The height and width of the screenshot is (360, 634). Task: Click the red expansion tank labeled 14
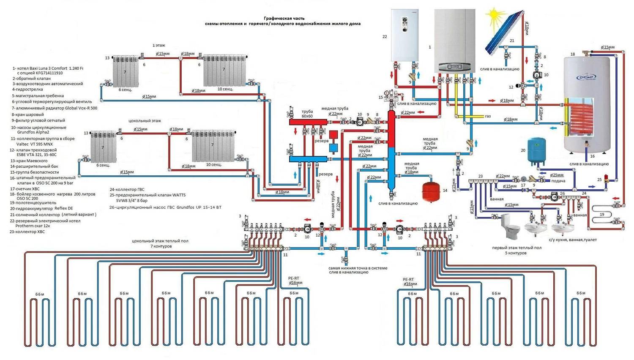tap(432, 191)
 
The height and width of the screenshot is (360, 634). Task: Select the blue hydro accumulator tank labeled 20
tap(536, 151)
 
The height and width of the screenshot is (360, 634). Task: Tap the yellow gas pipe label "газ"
tap(488, 116)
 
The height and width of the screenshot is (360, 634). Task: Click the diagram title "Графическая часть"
tap(284, 18)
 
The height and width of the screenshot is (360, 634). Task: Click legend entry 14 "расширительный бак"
tap(34, 166)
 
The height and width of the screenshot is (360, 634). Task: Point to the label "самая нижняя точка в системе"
tap(358, 268)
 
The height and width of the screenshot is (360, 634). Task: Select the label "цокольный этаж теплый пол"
tap(160, 241)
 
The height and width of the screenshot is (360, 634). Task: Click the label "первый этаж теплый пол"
tap(516, 248)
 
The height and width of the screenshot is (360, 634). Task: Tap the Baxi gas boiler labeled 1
tap(454, 41)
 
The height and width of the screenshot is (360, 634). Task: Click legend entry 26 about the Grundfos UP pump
tap(165, 207)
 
